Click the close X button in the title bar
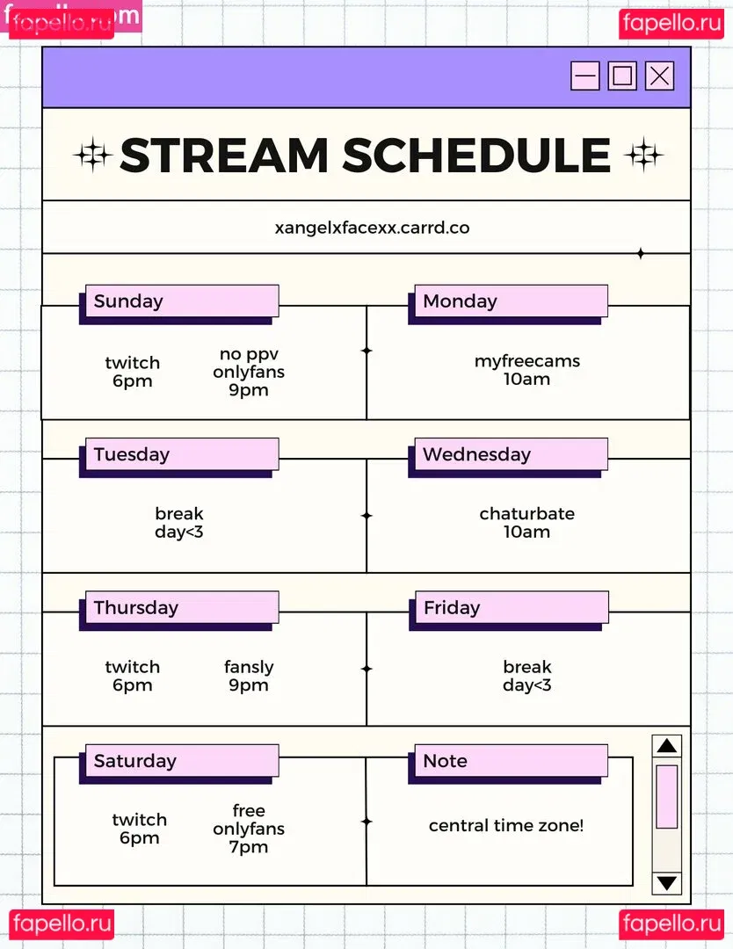pos(659,76)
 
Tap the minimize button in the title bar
pos(585,76)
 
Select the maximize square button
pos(622,76)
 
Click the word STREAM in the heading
pos(224,155)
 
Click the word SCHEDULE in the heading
pos(477,155)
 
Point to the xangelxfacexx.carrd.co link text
pos(373,228)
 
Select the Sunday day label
pos(128,301)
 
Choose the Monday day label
pos(460,301)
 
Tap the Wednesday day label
pos(477,454)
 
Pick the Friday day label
pos(452,607)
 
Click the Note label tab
pos(445,761)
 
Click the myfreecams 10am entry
pos(527,370)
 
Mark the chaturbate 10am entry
pos(527,522)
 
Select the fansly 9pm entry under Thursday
pos(249,676)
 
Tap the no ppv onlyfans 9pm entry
pos(249,371)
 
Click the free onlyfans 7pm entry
pos(249,828)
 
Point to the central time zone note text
pos(506,825)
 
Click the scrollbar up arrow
pos(667,746)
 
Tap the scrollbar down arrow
pos(667,883)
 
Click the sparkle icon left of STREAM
pos(92,156)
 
